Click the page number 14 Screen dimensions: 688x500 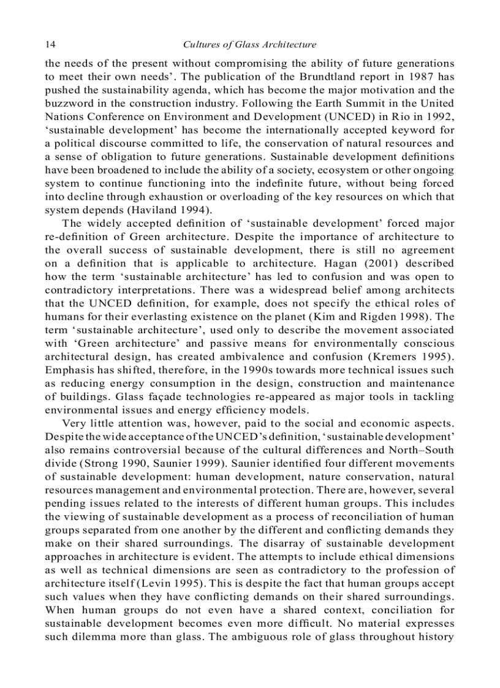[50, 45]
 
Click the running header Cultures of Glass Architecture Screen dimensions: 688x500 [250, 45]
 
